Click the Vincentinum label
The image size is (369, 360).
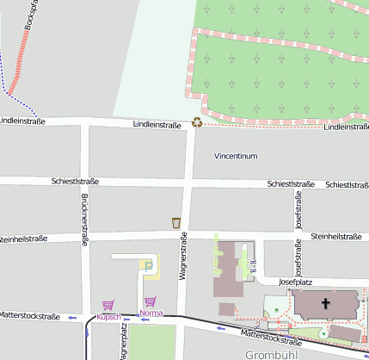[236, 157]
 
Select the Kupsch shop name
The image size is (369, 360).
[108, 316]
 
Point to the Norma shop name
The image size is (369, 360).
[151, 313]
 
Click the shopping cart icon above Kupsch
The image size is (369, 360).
[108, 305]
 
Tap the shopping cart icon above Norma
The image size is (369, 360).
[151, 301]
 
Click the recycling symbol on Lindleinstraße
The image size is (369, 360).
[197, 122]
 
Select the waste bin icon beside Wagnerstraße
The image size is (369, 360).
[176, 223]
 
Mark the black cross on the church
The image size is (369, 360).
[325, 303]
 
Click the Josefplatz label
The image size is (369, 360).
[294, 282]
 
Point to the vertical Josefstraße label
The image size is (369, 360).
[298, 210]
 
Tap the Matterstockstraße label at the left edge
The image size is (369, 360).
[29, 317]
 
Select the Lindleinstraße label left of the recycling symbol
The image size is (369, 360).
[157, 125]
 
